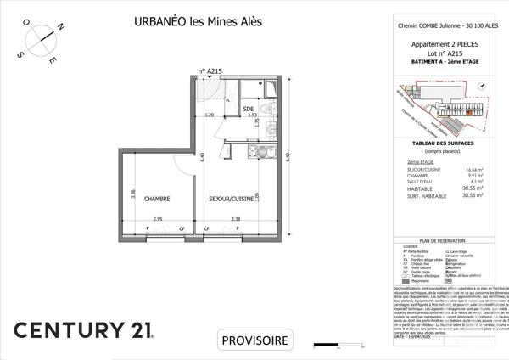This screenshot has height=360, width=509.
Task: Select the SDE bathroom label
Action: (x=249, y=110)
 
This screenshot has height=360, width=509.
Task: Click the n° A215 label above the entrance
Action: (x=209, y=73)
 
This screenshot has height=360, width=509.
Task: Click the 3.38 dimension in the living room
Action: (x=238, y=219)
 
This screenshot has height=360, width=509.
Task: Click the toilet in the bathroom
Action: (x=265, y=113)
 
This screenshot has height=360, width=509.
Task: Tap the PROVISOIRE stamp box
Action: (x=255, y=341)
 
